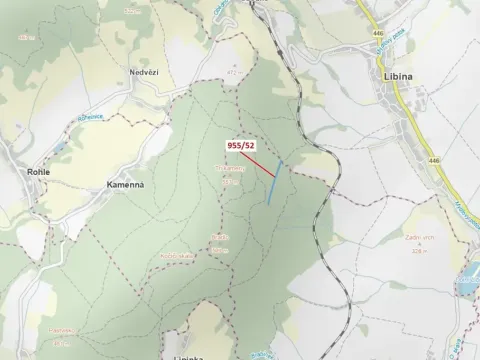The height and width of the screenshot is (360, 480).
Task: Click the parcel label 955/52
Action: coord(240,145)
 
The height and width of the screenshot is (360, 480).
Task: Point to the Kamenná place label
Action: coord(126,185)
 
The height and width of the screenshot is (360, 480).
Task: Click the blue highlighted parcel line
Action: coord(274,182)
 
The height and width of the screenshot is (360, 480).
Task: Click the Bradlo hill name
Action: coord(220,237)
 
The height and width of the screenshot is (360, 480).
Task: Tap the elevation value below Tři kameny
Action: coord(229,182)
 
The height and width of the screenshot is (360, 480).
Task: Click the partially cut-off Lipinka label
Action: coord(188,356)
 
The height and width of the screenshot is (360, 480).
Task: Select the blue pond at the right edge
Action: coord(469,283)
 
